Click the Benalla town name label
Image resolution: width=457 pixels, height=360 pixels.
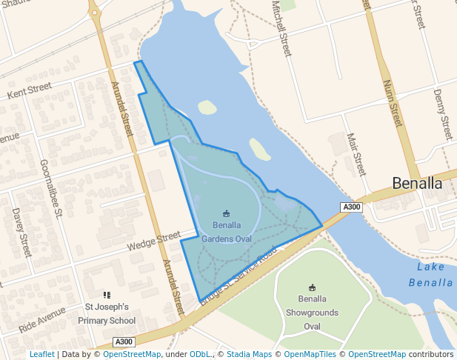(x=417, y=183)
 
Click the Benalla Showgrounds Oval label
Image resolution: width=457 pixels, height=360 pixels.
(x=312, y=313)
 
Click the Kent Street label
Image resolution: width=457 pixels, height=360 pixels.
(x=29, y=91)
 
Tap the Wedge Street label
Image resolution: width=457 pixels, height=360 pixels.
(x=153, y=241)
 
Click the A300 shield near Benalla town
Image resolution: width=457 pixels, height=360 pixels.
(x=351, y=207)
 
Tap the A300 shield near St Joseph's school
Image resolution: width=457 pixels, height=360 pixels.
(x=124, y=341)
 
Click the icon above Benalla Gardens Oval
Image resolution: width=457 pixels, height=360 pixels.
(x=227, y=213)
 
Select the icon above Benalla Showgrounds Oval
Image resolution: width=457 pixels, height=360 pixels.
(x=312, y=287)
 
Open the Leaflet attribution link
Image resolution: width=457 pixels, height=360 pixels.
(x=41, y=355)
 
